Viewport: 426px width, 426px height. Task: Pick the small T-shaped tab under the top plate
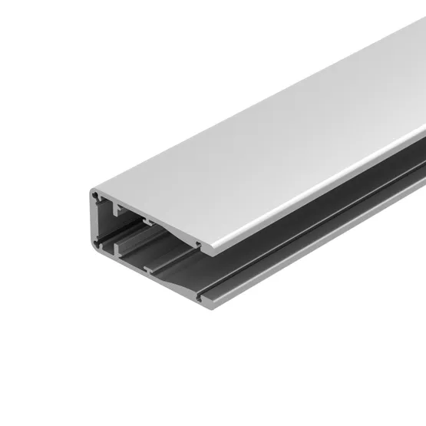(x=146, y=223)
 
